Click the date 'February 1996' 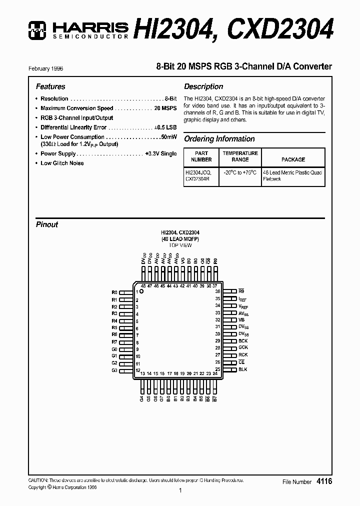click(x=49, y=68)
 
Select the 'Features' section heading click(x=50, y=86)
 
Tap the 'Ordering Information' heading click(x=219, y=139)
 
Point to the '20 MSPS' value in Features click(x=165, y=108)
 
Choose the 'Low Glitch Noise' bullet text click(x=62, y=163)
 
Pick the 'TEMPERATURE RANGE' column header click(x=240, y=156)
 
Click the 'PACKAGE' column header click(x=293, y=159)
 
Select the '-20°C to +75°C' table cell click(x=240, y=172)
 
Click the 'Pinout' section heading click(x=47, y=224)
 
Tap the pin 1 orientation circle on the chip click(x=141, y=291)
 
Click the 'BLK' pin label click(x=242, y=369)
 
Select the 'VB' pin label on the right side click(x=241, y=319)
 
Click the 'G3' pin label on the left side click(x=114, y=370)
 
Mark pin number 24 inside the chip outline click(x=215, y=373)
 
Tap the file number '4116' click(x=324, y=481)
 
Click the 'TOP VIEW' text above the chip click(x=180, y=245)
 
